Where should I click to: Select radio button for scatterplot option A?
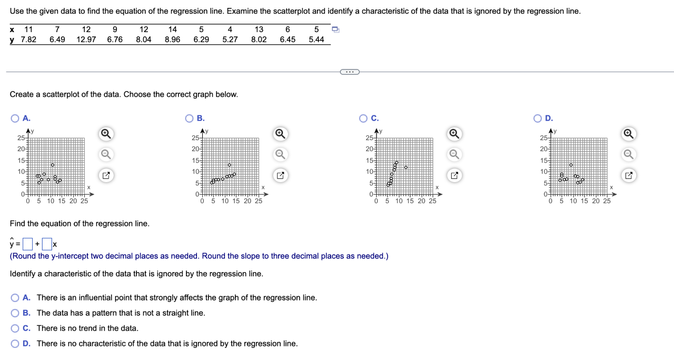pyautogui.click(x=15, y=118)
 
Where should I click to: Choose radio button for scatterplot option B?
pyautogui.click(x=190, y=118)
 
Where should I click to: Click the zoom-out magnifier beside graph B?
pyautogui.click(x=280, y=154)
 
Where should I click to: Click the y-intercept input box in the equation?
pyautogui.click(x=27, y=244)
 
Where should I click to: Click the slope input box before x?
pyautogui.click(x=47, y=244)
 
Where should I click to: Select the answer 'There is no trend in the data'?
pyautogui.click(x=15, y=328)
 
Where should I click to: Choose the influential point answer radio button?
pyautogui.click(x=15, y=298)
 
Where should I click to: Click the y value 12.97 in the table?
pyautogui.click(x=86, y=39)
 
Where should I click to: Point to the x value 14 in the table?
pyautogui.click(x=172, y=29)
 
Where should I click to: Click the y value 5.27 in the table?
pyautogui.click(x=230, y=39)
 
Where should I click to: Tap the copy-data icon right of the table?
pyautogui.click(x=336, y=29)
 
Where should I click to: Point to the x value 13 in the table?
pyautogui.click(x=259, y=29)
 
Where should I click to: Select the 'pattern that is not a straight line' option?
pyautogui.click(x=15, y=313)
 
